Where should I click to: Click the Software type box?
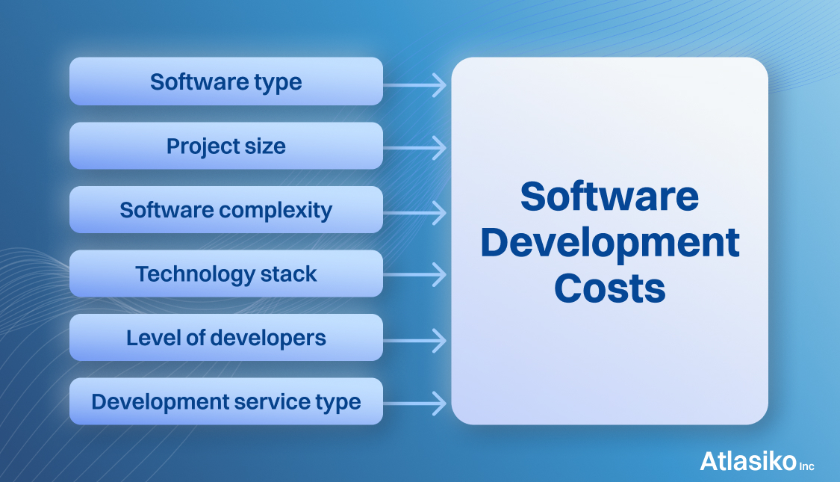click(x=226, y=81)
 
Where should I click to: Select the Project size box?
click(x=226, y=146)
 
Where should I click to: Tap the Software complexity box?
click(x=226, y=210)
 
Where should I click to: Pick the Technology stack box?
click(x=226, y=274)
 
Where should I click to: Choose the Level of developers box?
click(x=226, y=337)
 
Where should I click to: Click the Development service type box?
click(x=226, y=401)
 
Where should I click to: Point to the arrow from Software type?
click(x=414, y=85)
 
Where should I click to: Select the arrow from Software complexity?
click(x=414, y=213)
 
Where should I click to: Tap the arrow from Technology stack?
click(x=414, y=274)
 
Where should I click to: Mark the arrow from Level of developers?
click(x=414, y=341)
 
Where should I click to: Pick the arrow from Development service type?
click(x=414, y=404)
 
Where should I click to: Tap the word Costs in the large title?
click(x=610, y=288)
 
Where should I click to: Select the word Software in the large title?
click(x=609, y=197)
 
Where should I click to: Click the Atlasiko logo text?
click(x=748, y=461)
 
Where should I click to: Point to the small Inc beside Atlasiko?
click(x=807, y=466)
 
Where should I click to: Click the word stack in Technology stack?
click(x=289, y=274)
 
